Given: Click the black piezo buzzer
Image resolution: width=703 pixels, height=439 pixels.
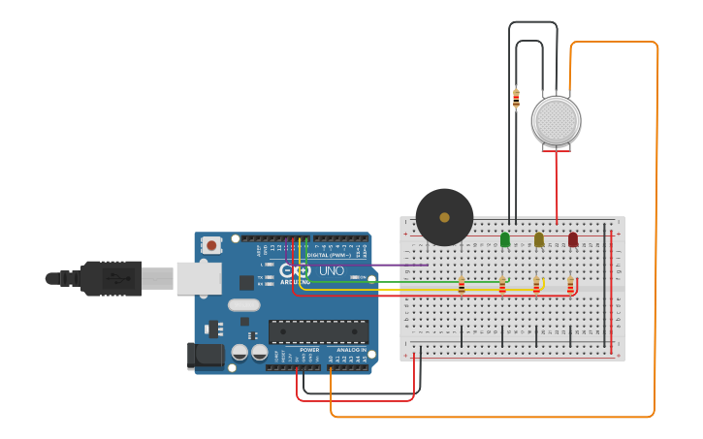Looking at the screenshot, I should click(x=444, y=217).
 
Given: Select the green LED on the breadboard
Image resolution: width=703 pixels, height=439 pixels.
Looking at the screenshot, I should click(x=504, y=239).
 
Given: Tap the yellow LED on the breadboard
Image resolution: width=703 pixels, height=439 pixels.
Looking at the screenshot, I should click(x=539, y=239).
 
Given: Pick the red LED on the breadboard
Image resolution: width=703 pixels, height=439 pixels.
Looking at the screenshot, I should click(x=572, y=239).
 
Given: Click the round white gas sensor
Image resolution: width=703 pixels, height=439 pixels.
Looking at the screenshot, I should click(x=556, y=121).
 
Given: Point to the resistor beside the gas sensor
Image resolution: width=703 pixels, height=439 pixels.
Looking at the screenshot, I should click(x=516, y=98).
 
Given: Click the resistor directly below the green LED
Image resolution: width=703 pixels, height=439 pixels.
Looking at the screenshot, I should click(x=502, y=285).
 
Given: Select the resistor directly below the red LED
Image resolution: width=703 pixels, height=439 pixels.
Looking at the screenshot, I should click(x=570, y=285).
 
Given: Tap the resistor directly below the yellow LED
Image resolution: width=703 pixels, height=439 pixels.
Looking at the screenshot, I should click(x=536, y=285).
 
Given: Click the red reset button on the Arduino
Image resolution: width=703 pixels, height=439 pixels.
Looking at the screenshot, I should click(x=211, y=246).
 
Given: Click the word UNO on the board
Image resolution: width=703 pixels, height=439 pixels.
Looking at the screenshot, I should click(x=332, y=270).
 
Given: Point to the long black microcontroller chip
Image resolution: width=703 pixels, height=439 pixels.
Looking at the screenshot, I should click(x=318, y=331).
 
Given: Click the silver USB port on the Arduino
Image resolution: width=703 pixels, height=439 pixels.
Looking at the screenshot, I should click(x=198, y=278).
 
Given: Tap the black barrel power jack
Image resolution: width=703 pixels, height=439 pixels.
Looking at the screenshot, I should click(x=206, y=355).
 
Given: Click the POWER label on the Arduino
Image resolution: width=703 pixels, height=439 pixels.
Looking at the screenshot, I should click(x=309, y=350).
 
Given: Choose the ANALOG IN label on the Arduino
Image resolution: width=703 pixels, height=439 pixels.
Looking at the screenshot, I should click(x=350, y=350).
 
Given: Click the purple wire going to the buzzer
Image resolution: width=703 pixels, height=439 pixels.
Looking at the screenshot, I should click(x=388, y=265).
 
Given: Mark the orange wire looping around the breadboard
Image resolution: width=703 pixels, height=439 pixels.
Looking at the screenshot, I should click(x=656, y=242).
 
